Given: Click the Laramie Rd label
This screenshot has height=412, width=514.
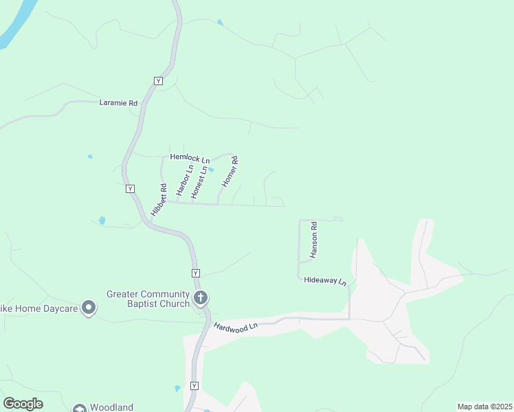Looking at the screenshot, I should pos(118,103).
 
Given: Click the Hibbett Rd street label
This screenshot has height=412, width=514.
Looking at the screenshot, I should pos(159,201).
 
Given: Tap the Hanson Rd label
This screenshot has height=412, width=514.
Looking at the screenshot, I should pos(313,239).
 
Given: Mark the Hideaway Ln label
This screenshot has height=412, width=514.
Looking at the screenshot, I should pos(326,282).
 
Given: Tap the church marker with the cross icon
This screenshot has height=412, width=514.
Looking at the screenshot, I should pos(201,298).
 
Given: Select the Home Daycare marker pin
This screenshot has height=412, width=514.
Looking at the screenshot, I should pos(89,308).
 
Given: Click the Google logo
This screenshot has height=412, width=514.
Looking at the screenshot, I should pos(23,404).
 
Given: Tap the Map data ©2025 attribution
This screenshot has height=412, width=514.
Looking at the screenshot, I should pos(484,407).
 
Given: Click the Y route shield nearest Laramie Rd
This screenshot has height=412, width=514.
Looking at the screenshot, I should pos(159,81).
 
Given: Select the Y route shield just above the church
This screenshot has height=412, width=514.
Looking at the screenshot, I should pos(196,273).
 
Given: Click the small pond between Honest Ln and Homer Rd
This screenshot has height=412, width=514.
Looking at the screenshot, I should pos(212,170).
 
